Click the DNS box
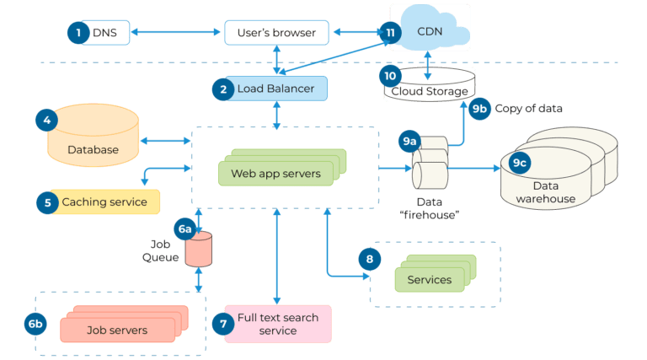(104, 33)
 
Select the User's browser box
(276, 33)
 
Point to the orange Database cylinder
(93, 139)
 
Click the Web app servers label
(270, 175)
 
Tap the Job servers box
(117, 330)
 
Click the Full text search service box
(278, 325)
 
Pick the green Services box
(430, 279)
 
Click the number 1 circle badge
(78, 32)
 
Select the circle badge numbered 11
(389, 32)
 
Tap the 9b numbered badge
(479, 109)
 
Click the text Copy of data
(529, 109)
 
